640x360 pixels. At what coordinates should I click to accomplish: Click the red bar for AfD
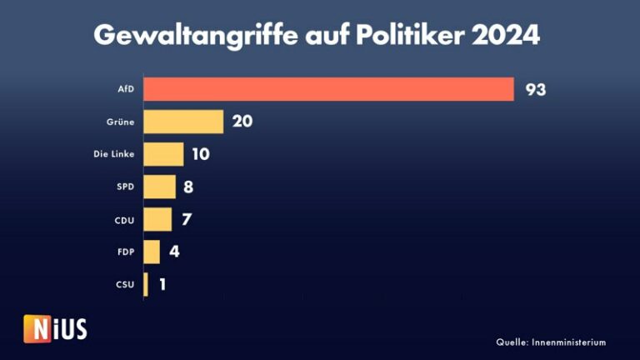[328, 89]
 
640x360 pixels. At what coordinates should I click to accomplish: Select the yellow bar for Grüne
[183, 122]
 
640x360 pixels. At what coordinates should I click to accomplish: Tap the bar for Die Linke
[163, 154]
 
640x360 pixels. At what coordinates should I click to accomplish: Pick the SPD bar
[159, 187]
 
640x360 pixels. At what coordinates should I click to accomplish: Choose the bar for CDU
[157, 219]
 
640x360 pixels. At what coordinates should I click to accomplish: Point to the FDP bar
[152, 252]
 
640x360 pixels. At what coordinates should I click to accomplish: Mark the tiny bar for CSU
[146, 284]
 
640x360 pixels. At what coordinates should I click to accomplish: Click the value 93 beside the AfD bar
[535, 89]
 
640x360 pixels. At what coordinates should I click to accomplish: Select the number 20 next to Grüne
[242, 122]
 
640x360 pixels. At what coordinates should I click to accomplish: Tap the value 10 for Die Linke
[200, 154]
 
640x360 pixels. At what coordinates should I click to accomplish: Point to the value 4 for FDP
[174, 252]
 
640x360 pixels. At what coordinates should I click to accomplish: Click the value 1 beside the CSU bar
[162, 284]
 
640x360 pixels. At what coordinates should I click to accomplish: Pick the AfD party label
[125, 89]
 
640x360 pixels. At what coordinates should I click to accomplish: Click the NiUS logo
[55, 328]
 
